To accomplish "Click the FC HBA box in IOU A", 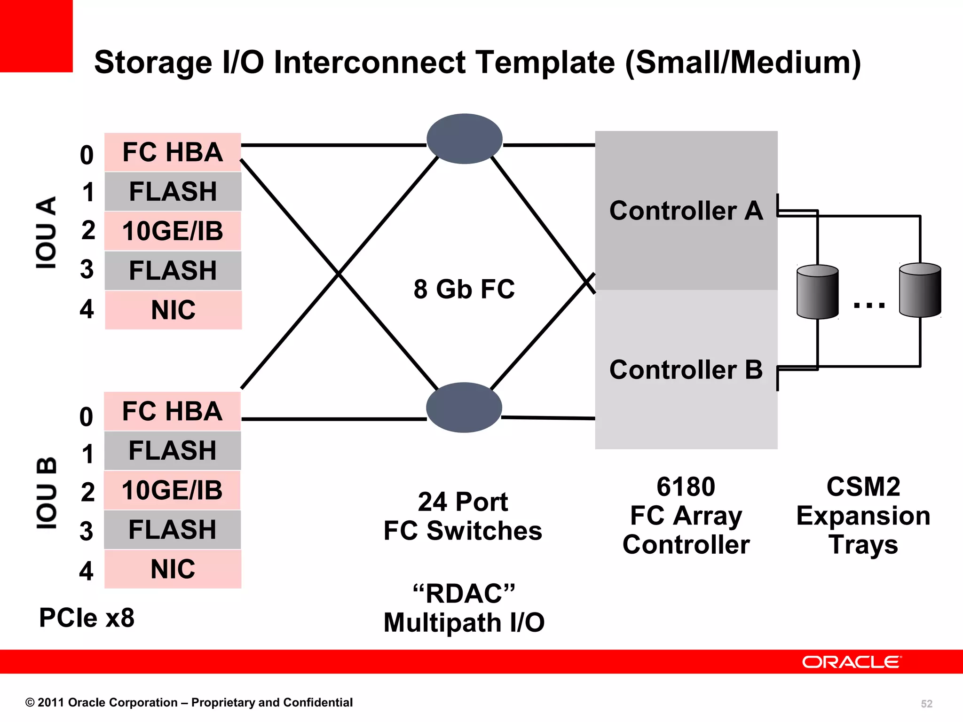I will click(173, 152).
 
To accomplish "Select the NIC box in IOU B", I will click(173, 569).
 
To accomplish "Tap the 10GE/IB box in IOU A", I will click(173, 231).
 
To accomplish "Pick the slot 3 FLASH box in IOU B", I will click(173, 530).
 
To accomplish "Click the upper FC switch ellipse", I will click(465, 139).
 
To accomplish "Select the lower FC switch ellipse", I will click(464, 408).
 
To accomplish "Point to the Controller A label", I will click(686, 211).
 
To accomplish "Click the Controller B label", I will click(686, 369).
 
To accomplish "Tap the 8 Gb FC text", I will click(464, 289).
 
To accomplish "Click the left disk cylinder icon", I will click(818, 292).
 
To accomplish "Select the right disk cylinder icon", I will click(920, 290).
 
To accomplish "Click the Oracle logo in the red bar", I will click(852, 662).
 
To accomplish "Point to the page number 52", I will click(926, 704).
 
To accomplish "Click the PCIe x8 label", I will click(87, 618).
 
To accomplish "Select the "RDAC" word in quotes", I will click(464, 593).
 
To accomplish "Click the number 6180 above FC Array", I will click(686, 487).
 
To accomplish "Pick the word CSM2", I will click(863, 487).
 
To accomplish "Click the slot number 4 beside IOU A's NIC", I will click(87, 309).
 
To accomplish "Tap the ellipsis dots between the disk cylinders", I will click(869, 305).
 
